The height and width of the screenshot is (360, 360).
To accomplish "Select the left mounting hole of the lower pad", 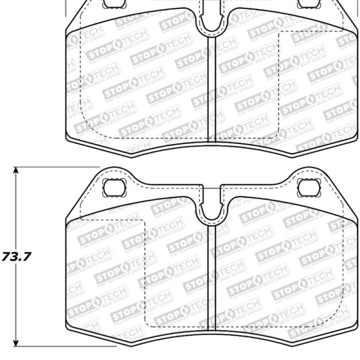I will (x=112, y=187).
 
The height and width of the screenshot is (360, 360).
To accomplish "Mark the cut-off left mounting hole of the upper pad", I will (x=112, y=4).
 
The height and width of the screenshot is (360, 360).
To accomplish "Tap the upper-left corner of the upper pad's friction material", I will (x=65, y=33).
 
